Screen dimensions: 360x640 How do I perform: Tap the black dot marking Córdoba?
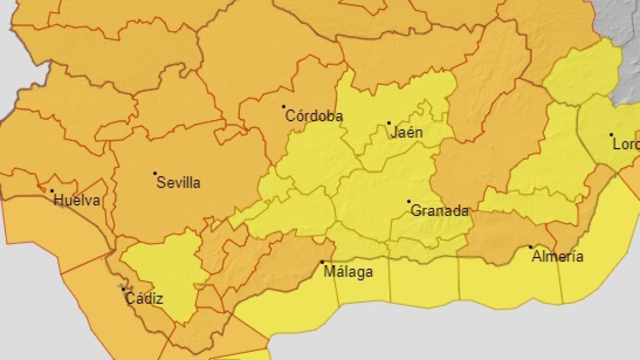point(284,107)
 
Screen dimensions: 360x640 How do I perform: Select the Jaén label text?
point(406,132)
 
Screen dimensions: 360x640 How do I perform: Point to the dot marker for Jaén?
point(389,123)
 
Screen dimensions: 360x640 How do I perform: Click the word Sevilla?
point(179,183)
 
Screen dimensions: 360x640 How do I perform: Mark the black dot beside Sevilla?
point(155,173)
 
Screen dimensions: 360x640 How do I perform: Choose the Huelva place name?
point(77,201)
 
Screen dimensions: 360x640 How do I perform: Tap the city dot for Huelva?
point(52,191)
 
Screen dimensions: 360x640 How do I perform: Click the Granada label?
point(440,211)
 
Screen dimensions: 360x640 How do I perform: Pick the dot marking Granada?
point(409,202)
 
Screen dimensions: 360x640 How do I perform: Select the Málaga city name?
point(349,272)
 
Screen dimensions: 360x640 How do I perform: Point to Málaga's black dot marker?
point(322,262)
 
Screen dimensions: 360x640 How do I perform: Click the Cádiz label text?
point(144,299)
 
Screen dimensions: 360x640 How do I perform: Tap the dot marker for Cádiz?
point(123,289)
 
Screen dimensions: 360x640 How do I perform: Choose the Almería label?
point(557,257)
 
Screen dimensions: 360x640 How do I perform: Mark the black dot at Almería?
point(530,247)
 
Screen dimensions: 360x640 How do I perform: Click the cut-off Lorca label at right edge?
point(626,145)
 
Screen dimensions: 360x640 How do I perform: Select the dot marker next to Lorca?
point(611,135)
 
